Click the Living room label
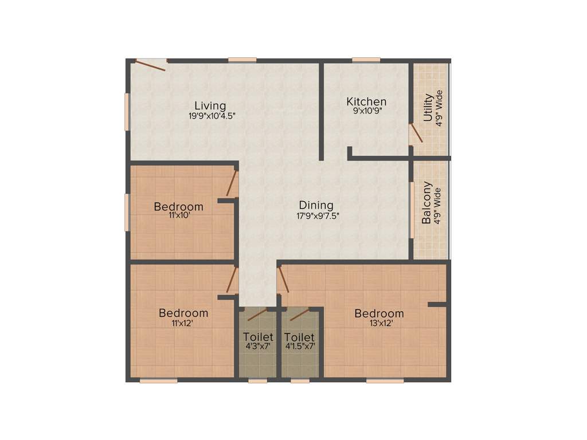point(210,105)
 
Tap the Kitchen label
point(366,101)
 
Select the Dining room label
point(316,205)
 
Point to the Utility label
point(428,108)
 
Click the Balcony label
point(427,203)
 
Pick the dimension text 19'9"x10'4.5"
point(212,115)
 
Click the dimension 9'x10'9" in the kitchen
point(366,111)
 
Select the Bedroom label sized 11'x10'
point(178,206)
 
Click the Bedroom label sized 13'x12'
point(379,313)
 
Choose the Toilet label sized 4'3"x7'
point(258,337)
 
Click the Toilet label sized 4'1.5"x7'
point(299,337)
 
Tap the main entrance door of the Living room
point(151,64)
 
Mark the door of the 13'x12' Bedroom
point(283,280)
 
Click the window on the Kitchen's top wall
point(366,60)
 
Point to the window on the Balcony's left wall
point(411,209)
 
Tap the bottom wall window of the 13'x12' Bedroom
point(385,380)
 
